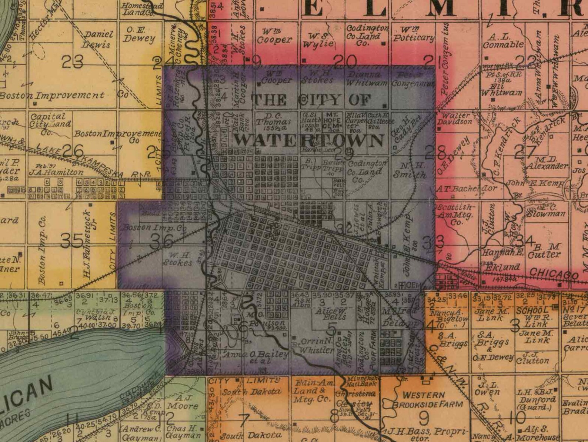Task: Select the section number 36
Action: coord(162,241)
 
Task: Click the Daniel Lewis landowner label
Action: coord(98,39)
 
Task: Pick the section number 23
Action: coord(72,62)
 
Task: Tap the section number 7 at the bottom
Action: coord(244,420)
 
